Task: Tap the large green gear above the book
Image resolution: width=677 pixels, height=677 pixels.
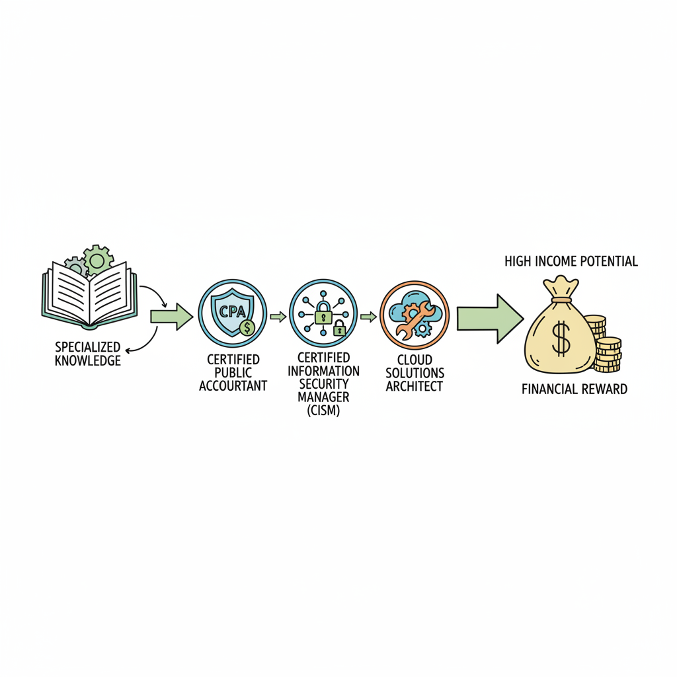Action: (x=98, y=260)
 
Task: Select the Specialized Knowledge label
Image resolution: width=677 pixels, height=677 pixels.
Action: (x=88, y=354)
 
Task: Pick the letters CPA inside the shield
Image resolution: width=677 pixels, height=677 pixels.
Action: (x=231, y=311)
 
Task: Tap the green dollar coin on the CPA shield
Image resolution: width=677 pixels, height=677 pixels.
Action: (x=247, y=327)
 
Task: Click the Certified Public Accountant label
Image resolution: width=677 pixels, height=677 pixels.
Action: (x=233, y=372)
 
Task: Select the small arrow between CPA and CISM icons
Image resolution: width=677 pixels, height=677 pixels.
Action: (x=278, y=317)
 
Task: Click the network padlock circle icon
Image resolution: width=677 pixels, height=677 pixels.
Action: (x=323, y=313)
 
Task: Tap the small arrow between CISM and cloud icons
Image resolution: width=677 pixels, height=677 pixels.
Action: (x=368, y=317)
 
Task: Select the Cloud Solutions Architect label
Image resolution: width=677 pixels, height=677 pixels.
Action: (x=415, y=373)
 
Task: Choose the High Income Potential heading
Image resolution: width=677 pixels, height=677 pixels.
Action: (x=571, y=261)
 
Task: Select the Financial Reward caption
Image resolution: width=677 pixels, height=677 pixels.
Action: (x=574, y=389)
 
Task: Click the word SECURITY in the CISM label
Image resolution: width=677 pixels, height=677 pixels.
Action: (x=324, y=383)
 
